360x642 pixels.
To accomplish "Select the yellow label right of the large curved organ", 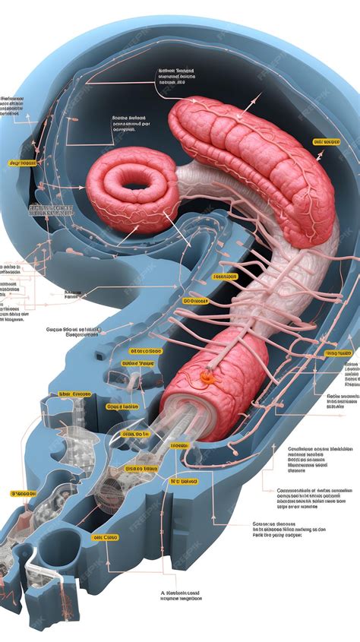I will pos(327,142).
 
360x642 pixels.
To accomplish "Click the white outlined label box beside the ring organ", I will pos(52,210).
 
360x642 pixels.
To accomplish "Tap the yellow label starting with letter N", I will pos(183,481).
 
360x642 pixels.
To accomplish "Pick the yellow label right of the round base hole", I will pos(106,537).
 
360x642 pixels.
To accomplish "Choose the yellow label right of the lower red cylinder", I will pos(339,353).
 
